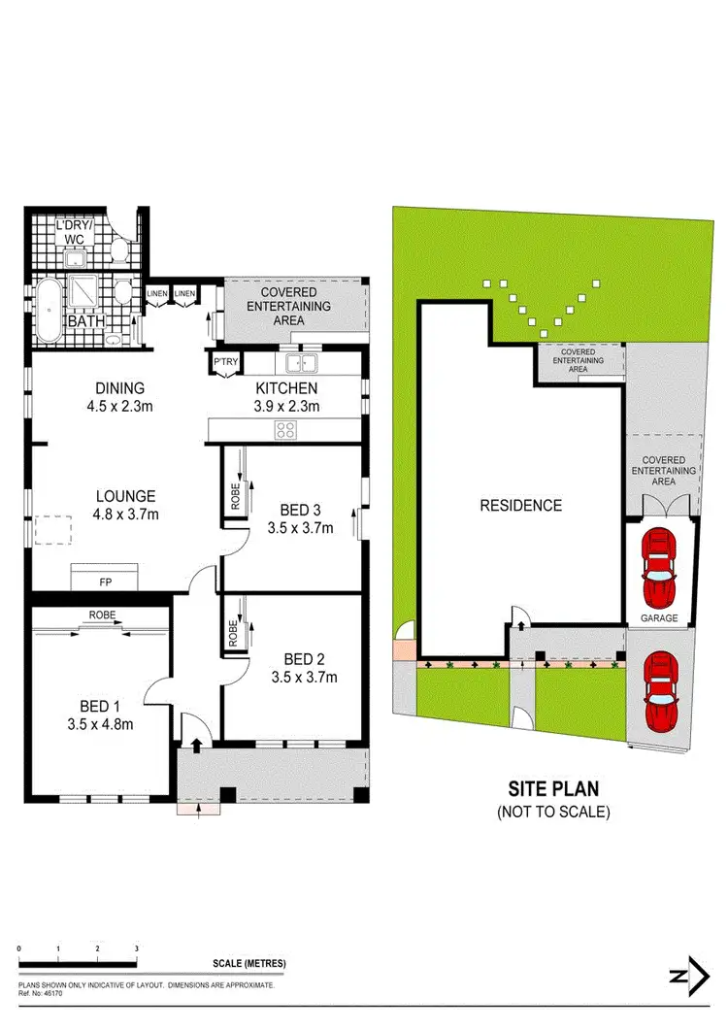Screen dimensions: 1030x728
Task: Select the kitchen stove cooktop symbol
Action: (286, 430)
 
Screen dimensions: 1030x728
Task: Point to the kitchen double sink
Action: (301, 363)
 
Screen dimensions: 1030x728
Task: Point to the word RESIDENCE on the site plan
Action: (521, 506)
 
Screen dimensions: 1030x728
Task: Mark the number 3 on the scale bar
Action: (136, 948)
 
